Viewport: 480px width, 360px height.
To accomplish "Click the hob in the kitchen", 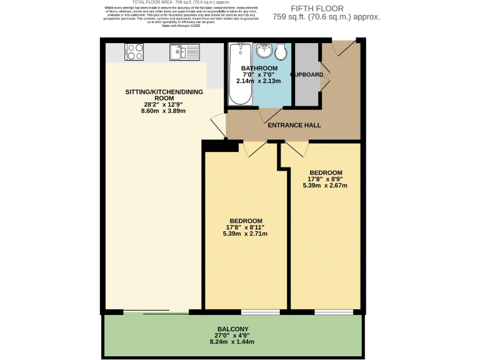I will click(x=134, y=51).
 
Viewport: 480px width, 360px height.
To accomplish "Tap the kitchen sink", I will click(x=183, y=52).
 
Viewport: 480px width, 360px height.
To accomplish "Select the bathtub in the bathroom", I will click(x=239, y=73).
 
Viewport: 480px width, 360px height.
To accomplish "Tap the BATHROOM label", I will click(x=261, y=67).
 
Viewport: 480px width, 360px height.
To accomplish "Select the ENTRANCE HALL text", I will click(x=294, y=125).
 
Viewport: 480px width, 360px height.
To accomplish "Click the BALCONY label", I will click(x=232, y=329).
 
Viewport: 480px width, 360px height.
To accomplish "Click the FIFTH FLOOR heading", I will click(x=334, y=8).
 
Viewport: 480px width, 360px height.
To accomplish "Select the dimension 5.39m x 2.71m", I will click(x=245, y=234).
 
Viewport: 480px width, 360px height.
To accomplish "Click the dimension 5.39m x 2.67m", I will click(x=325, y=186).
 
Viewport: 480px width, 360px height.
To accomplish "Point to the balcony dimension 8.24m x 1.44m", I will click(x=232, y=342).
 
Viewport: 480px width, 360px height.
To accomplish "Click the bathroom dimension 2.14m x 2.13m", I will click(x=261, y=81).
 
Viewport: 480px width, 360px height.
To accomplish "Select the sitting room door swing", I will click(x=219, y=126).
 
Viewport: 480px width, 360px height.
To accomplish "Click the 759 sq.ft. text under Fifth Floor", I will click(x=334, y=17).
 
